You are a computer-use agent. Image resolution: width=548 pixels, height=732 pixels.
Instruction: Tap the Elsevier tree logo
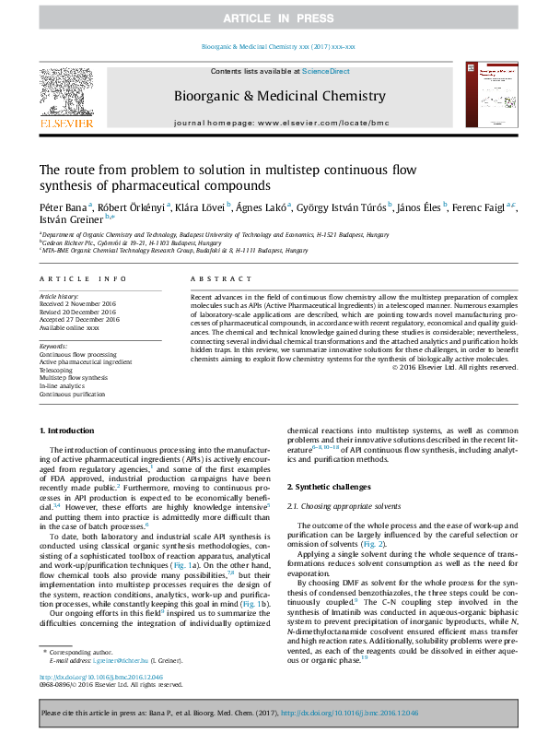coord(66,96)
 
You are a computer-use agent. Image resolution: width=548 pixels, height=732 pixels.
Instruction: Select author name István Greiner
coord(69,220)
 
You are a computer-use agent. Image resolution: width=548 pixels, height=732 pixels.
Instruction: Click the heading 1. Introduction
coord(68,431)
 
